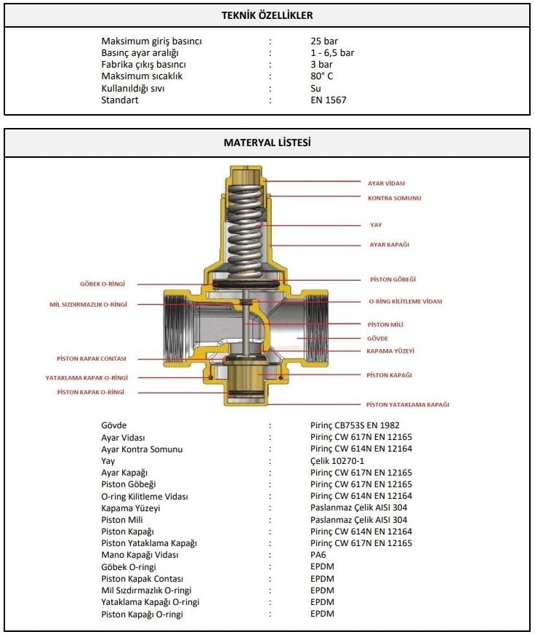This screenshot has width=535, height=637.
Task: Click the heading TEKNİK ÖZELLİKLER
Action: pyautogui.click(x=267, y=15)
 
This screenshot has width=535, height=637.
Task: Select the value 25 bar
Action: pyautogui.click(x=323, y=41)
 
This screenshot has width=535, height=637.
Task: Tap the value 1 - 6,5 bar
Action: pyautogui.click(x=332, y=53)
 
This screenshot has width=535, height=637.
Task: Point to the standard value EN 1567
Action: pyautogui.click(x=329, y=100)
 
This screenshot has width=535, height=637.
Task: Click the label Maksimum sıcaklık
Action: pyautogui.click(x=142, y=76)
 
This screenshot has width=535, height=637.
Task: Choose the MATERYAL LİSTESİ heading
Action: pyautogui.click(x=267, y=143)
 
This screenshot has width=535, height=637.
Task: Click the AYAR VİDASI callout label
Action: pyautogui.click(x=386, y=183)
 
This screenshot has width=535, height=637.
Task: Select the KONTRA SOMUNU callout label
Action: pyautogui.click(x=394, y=198)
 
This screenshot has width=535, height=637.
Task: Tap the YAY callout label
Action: pyautogui.click(x=375, y=225)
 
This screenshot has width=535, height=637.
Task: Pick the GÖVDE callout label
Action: pyautogui.click(x=378, y=338)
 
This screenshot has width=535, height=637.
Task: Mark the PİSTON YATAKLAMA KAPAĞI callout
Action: pyautogui.click(x=408, y=404)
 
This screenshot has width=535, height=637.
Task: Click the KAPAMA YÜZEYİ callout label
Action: pyautogui.click(x=390, y=350)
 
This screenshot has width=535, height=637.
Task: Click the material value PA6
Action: pyautogui.click(x=318, y=555)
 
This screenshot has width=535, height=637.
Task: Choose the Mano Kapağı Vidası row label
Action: pyautogui.click(x=140, y=555)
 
